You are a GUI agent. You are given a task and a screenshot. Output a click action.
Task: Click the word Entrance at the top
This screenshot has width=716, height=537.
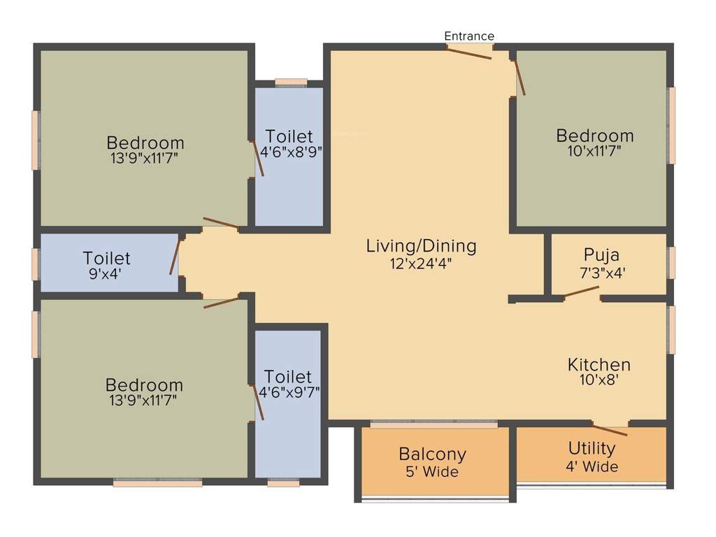pyautogui.click(x=469, y=36)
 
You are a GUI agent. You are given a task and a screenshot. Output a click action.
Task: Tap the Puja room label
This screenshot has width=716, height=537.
pyautogui.click(x=601, y=255)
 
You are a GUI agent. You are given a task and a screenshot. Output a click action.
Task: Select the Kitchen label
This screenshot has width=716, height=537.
pyautogui.click(x=599, y=364)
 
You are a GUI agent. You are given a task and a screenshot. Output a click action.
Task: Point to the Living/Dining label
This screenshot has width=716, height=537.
pyautogui.click(x=421, y=246)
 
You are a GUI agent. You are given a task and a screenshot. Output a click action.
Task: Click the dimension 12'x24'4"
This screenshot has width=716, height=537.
pyautogui.click(x=421, y=264)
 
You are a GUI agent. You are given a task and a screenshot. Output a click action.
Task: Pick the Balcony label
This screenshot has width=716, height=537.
pyautogui.click(x=432, y=454)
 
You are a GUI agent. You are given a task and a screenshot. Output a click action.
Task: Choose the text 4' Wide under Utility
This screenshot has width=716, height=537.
pyautogui.click(x=592, y=466)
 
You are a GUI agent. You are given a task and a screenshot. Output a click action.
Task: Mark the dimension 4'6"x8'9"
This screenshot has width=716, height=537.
pyautogui.click(x=289, y=152)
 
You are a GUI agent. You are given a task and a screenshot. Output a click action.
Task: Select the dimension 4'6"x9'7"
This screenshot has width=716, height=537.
pyautogui.click(x=289, y=393)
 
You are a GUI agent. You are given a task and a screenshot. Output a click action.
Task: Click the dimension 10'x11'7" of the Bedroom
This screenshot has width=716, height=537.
pyautogui.click(x=594, y=151)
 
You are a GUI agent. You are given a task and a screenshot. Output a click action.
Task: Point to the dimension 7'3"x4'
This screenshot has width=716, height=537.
pyautogui.click(x=601, y=273)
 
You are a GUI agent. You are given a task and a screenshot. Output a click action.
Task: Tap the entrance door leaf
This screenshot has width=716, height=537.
pyautogui.click(x=471, y=52)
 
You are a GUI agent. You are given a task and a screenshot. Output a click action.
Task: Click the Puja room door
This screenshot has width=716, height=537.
pyautogui.click(x=582, y=292)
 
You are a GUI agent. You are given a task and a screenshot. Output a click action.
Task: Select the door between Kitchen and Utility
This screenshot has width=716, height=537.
pyautogui.click(x=609, y=429)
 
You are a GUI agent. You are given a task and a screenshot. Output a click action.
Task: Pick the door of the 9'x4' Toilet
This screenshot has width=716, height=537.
pyautogui.click(x=174, y=256)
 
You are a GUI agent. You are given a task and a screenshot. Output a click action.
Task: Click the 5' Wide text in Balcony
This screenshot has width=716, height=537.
pyautogui.click(x=432, y=473)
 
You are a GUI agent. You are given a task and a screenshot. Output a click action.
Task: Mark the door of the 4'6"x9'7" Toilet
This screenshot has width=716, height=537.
pyautogui.click(x=258, y=402)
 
